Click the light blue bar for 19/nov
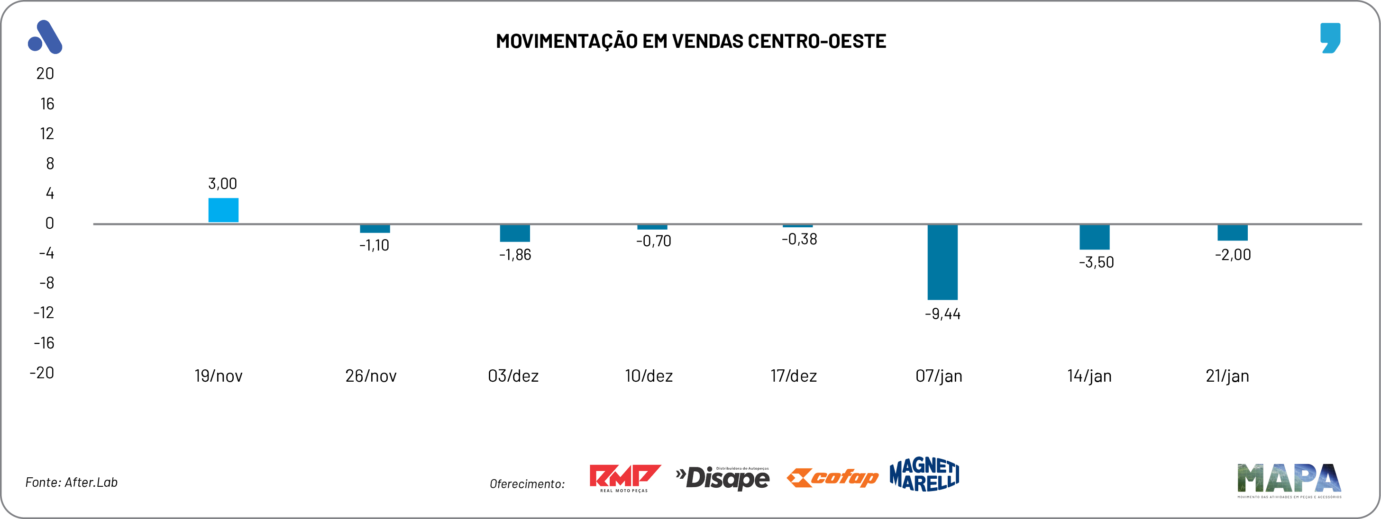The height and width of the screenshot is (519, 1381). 223,210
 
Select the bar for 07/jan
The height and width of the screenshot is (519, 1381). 942,262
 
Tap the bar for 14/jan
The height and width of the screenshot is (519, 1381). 1094,237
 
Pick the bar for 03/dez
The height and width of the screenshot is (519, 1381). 515,233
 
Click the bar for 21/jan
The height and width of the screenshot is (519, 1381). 1233,233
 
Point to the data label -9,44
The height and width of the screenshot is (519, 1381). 942,314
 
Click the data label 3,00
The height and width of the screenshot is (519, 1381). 222,184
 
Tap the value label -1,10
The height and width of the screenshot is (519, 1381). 374,245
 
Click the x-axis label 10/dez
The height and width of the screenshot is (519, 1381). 649,376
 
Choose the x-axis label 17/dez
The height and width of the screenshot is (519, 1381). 794,376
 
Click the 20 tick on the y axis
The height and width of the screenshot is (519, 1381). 45,73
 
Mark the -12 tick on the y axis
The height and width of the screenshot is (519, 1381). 44,313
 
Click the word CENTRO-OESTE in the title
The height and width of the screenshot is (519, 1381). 816,41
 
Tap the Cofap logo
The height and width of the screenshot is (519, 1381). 832,477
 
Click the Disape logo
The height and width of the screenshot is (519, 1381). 723,478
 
